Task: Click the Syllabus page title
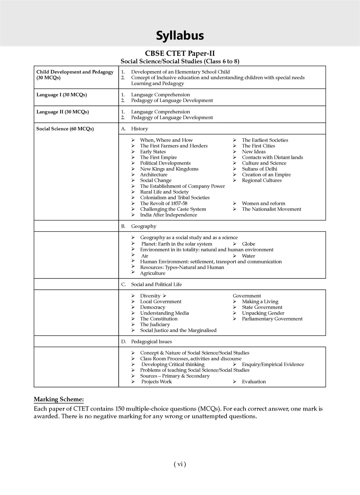180,36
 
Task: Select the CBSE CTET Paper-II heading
180,53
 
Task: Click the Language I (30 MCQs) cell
62,95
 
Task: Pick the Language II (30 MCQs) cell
63,112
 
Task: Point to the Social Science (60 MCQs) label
65,129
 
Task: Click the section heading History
139,129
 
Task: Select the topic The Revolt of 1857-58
163,203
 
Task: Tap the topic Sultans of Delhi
259,169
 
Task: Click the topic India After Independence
168,215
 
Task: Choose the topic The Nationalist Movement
271,209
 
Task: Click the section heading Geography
143,226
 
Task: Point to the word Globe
248,244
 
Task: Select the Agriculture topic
153,273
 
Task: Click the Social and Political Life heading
156,284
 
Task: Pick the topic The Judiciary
155,324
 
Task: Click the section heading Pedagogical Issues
151,341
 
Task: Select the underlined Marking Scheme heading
59,399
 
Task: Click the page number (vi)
180,464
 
